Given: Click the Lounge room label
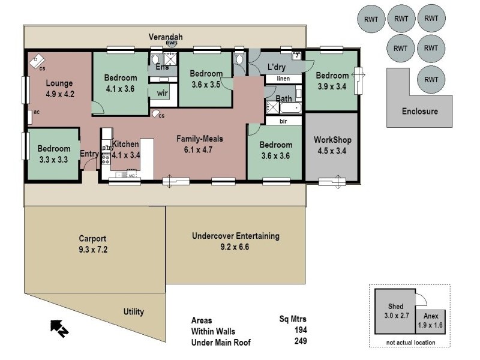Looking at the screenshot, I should (59, 83).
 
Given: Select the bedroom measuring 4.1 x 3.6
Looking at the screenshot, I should (119, 83).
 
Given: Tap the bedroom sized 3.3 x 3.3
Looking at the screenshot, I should (54, 154).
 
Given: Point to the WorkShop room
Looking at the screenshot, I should (332, 145).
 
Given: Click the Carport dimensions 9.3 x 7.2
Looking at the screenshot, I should (92, 248).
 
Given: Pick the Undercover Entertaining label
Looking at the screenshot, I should (235, 236).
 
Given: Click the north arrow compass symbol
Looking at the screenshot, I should (59, 327).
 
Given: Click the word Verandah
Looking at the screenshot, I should (166, 37).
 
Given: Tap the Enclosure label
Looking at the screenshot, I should (419, 111).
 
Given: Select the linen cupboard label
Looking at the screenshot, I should (283, 79).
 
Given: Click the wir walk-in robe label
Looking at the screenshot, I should (162, 93).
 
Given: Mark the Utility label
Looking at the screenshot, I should (133, 312).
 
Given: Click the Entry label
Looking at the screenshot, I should (89, 154).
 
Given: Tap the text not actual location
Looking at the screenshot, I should (410, 343).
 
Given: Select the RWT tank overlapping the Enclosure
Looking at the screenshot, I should (431, 79).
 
